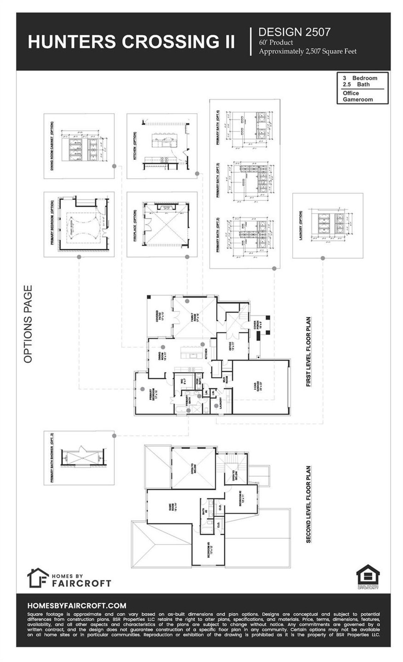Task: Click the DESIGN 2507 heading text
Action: click(294, 32)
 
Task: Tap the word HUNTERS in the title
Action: click(72, 42)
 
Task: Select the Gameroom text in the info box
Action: click(358, 99)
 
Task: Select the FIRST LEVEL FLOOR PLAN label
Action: click(308, 351)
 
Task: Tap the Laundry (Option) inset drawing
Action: click(328, 225)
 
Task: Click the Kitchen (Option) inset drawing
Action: click(162, 146)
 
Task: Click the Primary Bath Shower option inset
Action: click(79, 458)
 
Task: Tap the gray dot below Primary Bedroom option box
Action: click(79, 257)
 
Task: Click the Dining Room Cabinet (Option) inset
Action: click(79, 146)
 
